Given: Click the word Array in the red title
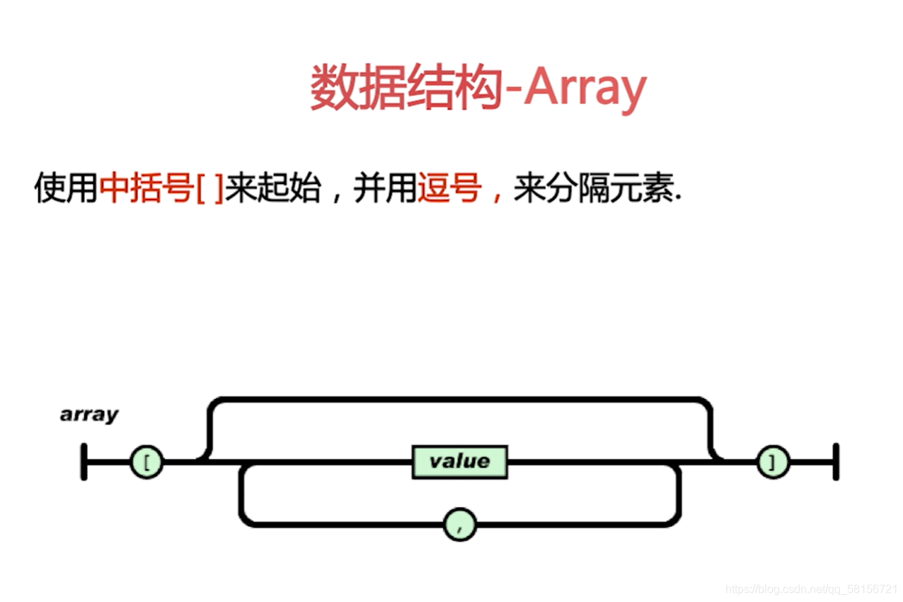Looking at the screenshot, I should [585, 88].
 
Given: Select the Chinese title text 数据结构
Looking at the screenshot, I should [406, 88].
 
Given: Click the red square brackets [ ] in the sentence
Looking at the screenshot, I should [209, 190].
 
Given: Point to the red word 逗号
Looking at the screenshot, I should [449, 189].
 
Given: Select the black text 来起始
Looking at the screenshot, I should [272, 189].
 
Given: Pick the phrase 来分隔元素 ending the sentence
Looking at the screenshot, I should [595, 189].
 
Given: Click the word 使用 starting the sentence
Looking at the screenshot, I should [65, 189].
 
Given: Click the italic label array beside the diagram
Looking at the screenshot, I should [89, 415].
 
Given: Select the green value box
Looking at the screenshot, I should [459, 461].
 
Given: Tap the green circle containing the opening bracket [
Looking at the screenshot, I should [146, 463].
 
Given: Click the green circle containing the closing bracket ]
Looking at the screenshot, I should [773, 463].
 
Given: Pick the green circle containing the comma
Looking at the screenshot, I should [460, 524].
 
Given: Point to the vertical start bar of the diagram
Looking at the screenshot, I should [84, 462].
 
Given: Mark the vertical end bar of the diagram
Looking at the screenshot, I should [836, 462].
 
